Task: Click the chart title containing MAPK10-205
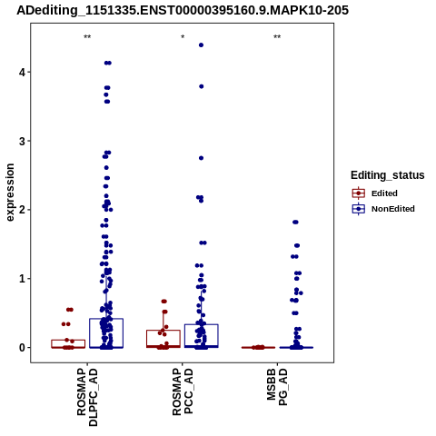coord(183,11)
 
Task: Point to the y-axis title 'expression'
coord(10,193)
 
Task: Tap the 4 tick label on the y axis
coord(22,73)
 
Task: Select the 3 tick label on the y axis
coord(22,141)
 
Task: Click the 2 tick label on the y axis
coord(22,210)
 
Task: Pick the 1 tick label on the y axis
coord(22,279)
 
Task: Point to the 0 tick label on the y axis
coord(22,348)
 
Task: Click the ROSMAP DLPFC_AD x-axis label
coord(87,397)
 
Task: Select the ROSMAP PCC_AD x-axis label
coord(183,391)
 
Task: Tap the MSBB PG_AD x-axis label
coord(277,387)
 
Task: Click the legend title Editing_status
coord(388,175)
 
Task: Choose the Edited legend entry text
coord(384,193)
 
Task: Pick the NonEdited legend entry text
coord(393,209)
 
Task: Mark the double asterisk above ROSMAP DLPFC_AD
coord(87,37)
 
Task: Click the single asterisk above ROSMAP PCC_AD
coord(183,37)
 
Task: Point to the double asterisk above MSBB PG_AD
coord(277,37)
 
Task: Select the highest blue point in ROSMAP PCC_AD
coord(201,45)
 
